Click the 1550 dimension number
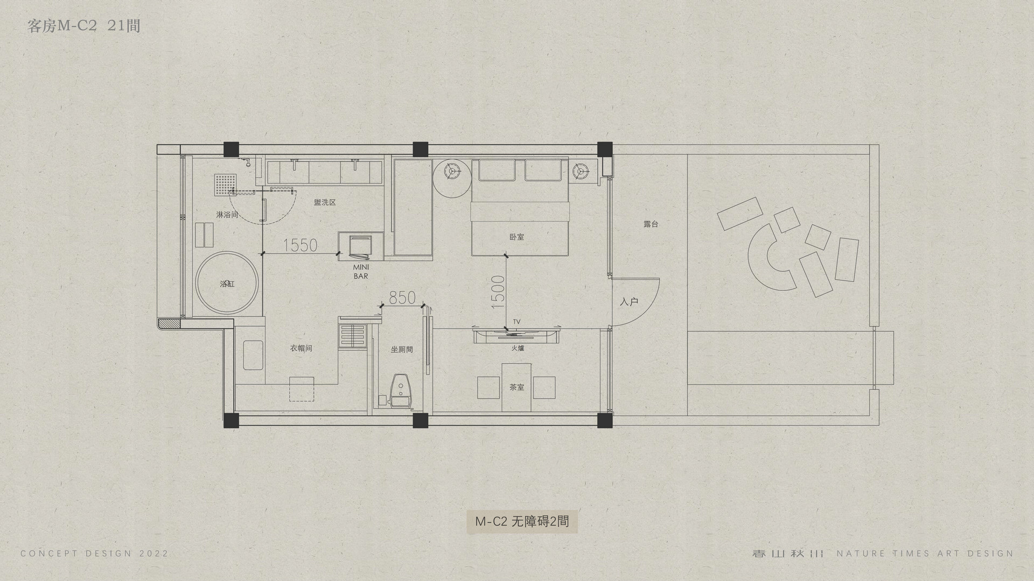pos(300,245)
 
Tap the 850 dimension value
pos(402,297)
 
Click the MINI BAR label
pos(361,272)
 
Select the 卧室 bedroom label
pos(516,237)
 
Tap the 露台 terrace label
pos(651,224)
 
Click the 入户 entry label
pos(629,302)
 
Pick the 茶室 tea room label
pos(516,387)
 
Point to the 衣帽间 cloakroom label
pos(301,349)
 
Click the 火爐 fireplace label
pos(518,349)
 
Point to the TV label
pos(516,322)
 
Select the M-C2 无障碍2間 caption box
pos(522,521)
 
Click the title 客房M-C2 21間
pos(83,26)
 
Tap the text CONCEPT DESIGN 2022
pos(94,554)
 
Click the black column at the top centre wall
pos(420,149)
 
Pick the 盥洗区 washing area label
pos(325,202)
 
